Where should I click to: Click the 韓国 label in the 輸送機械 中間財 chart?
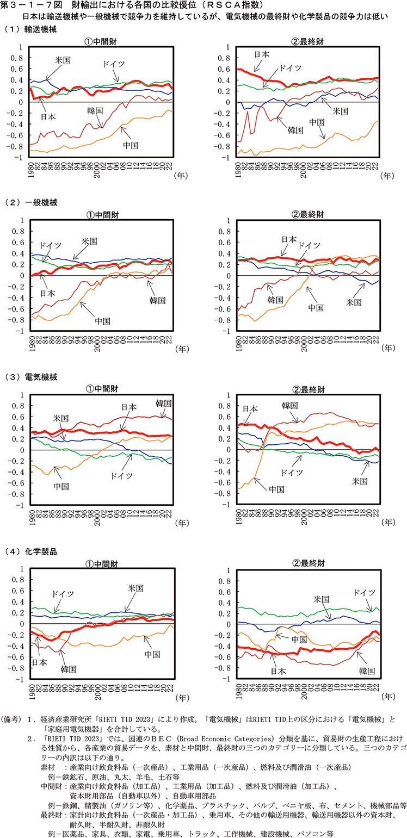click(x=95, y=111)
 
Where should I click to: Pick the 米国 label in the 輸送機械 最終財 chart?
click(x=341, y=110)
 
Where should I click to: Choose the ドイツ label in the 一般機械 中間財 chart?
click(x=50, y=246)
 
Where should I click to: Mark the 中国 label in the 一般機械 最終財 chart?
click(x=316, y=307)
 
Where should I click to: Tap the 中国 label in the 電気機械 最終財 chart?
click(x=276, y=489)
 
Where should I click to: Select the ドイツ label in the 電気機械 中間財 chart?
click(x=122, y=475)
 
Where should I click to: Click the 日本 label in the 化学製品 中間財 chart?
click(x=39, y=662)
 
